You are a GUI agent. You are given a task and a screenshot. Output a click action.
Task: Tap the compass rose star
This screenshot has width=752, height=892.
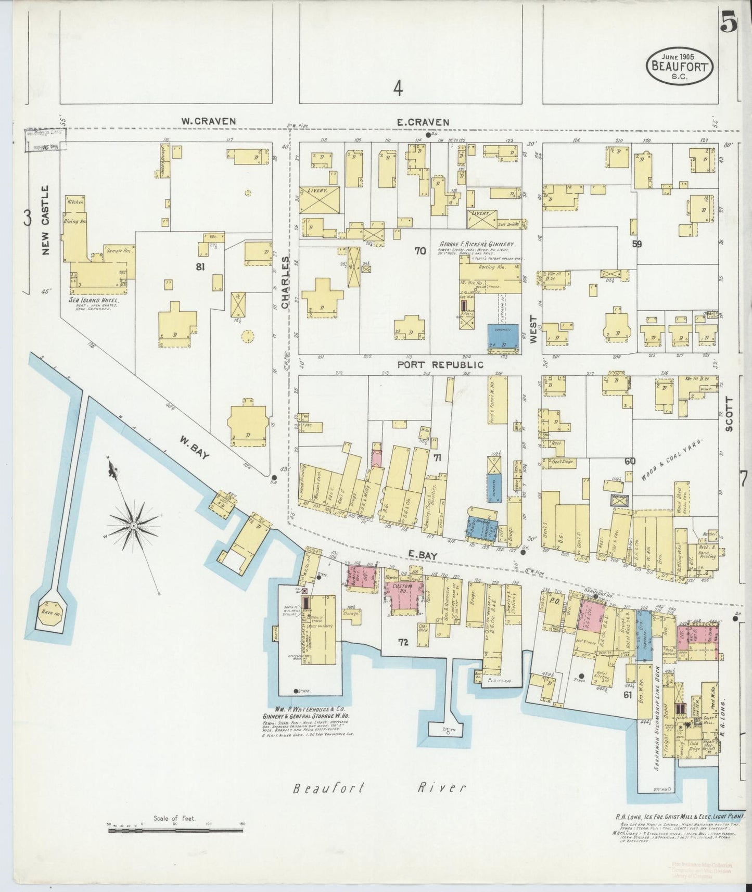(x=134, y=526)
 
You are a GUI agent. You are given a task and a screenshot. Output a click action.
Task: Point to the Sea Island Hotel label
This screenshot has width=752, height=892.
(x=94, y=300)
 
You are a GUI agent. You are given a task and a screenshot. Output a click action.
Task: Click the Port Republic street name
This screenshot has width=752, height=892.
(x=440, y=365)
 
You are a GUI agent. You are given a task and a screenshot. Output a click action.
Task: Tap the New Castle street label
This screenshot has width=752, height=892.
(x=45, y=220)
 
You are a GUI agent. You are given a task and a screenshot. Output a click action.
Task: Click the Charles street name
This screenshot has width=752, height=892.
(x=285, y=283)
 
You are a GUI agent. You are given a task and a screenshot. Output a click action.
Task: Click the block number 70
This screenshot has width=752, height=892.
(x=420, y=251)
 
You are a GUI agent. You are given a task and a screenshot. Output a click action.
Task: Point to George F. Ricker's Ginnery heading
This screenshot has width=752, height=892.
(x=478, y=244)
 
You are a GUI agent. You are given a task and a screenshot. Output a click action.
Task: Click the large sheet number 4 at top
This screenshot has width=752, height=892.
(x=398, y=89)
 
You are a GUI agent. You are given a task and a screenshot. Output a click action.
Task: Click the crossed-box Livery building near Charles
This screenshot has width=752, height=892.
(x=320, y=199)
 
